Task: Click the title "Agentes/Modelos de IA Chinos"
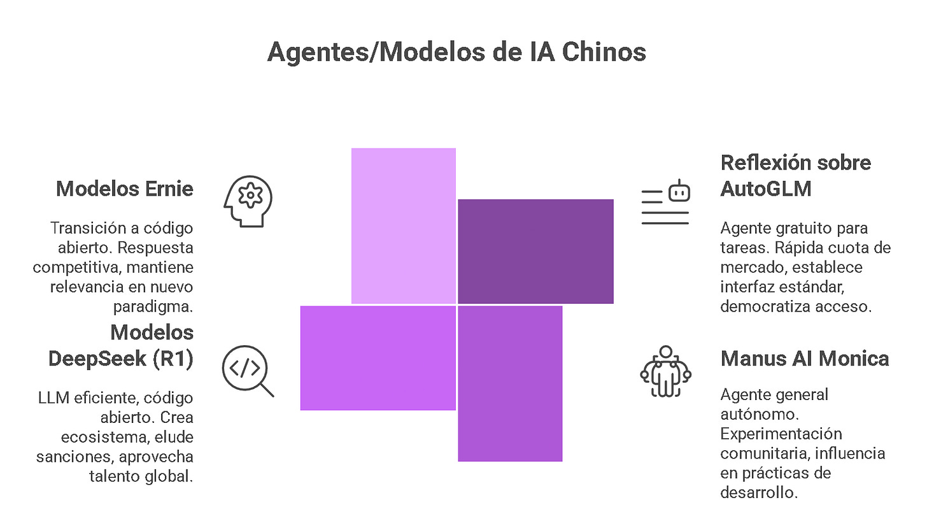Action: [456, 52]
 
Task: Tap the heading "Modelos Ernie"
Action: [125, 189]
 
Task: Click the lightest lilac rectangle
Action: [404, 225]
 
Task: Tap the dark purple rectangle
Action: [535, 251]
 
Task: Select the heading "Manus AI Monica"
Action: [805, 359]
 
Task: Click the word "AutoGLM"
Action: [766, 189]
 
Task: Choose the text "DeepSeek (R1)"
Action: [121, 359]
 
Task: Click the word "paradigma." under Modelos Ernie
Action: [153, 306]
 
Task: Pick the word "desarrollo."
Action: [759, 493]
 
